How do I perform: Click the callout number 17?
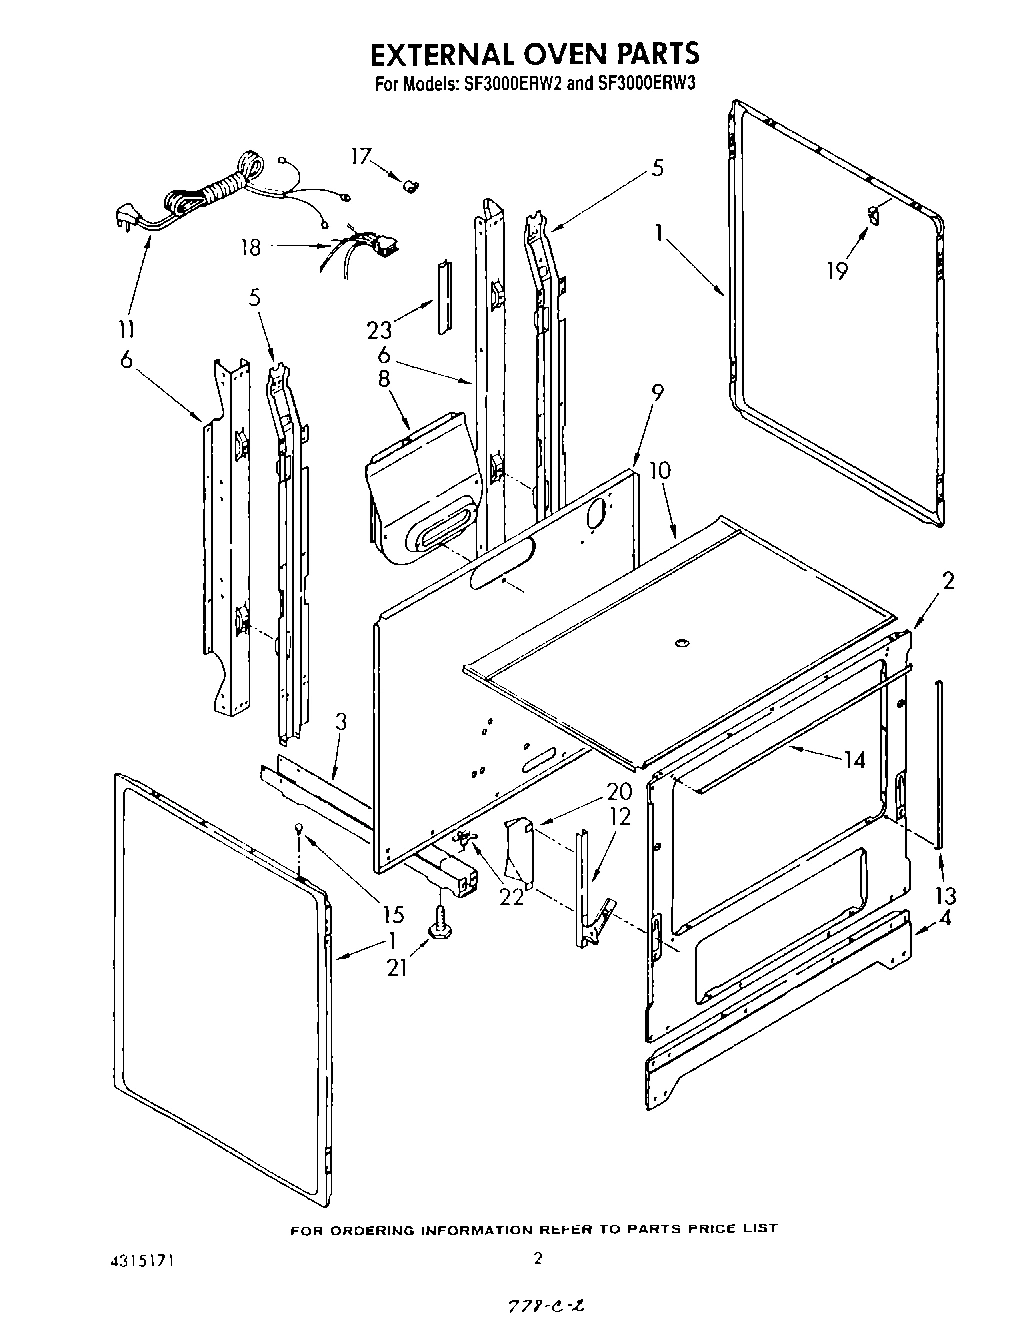coord(360,156)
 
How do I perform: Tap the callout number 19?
coord(837,270)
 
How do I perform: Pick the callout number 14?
coord(853,760)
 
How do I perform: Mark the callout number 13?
coord(945,895)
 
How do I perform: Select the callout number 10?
coord(659,471)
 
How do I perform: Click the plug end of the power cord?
coord(124,216)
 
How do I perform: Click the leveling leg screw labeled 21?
coord(439,922)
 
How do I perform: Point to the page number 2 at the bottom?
coord(537,1258)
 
